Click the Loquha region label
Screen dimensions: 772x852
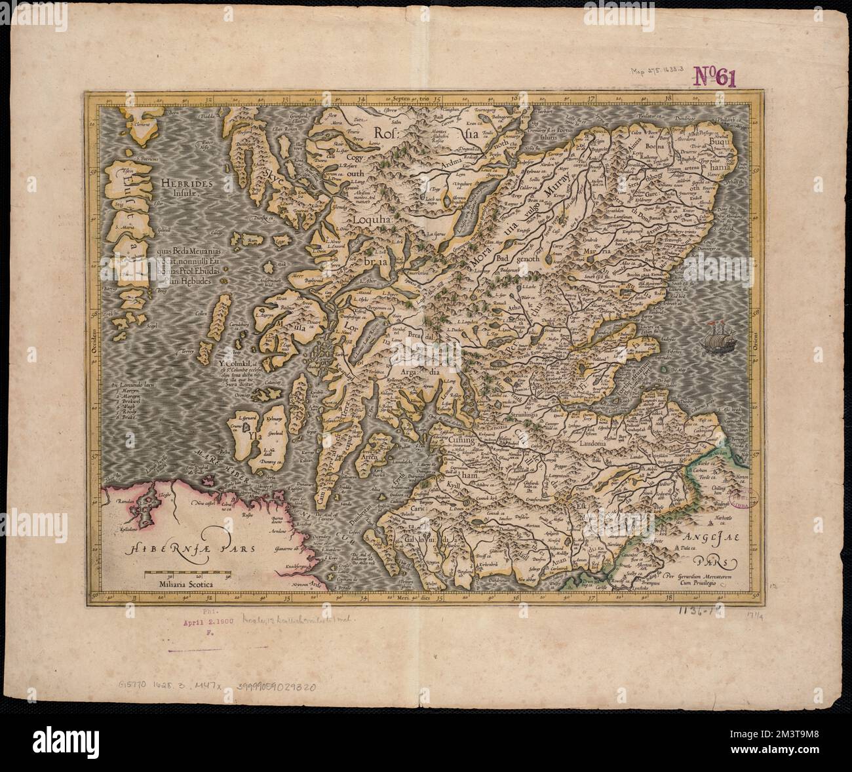372,222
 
